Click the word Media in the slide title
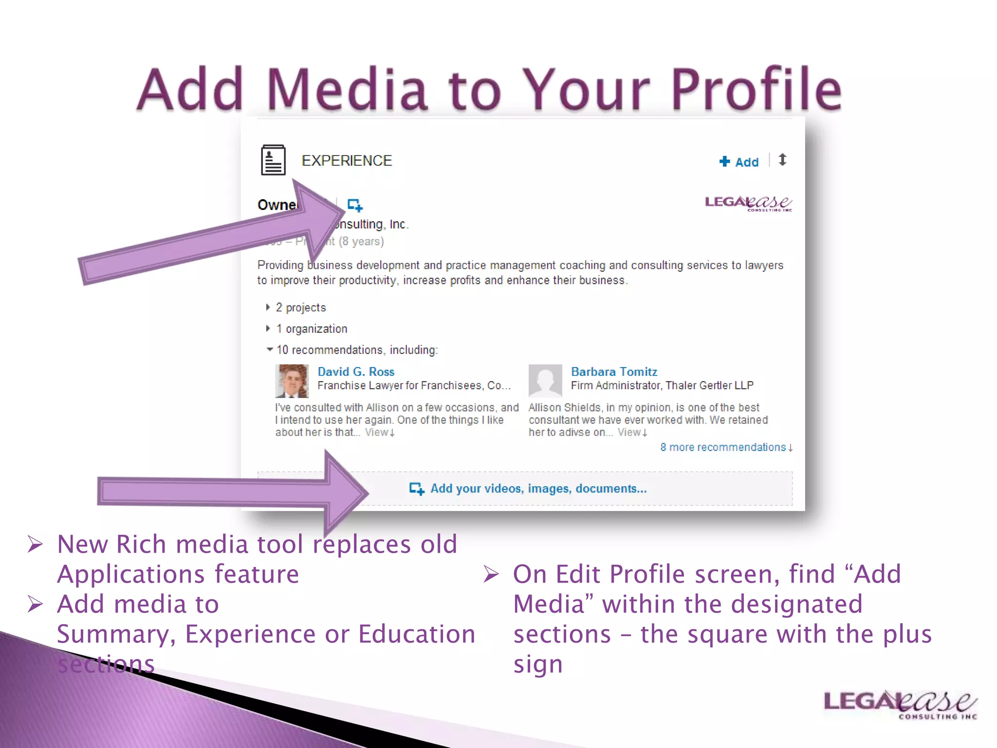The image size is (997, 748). [x=347, y=90]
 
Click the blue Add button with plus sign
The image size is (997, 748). [x=739, y=162]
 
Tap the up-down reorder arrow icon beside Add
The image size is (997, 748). [x=782, y=160]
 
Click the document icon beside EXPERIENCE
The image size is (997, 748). [x=273, y=160]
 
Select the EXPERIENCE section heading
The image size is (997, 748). [x=347, y=161]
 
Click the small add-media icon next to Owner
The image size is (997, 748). [x=355, y=205]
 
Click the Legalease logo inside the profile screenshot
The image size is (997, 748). [x=748, y=203]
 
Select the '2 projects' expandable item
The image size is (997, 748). [x=300, y=308]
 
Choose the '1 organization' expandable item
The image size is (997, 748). [x=311, y=329]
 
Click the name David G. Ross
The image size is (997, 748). [x=356, y=372]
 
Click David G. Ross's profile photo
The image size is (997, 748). [x=292, y=381]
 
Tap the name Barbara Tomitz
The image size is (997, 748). [x=614, y=372]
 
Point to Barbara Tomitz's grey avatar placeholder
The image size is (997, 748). [x=545, y=381]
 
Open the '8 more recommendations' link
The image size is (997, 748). [x=726, y=448]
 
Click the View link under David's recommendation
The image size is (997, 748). [x=379, y=432]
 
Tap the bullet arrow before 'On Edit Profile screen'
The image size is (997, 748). [x=491, y=574]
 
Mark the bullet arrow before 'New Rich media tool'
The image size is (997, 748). [x=35, y=544]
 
